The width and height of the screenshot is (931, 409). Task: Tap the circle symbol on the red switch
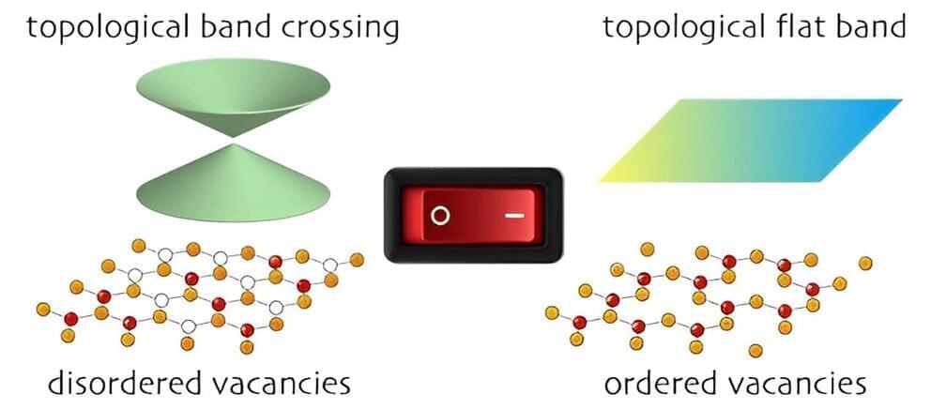(439, 216)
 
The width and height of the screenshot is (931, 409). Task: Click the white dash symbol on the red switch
(515, 215)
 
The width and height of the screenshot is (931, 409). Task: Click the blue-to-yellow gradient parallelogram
(751, 141)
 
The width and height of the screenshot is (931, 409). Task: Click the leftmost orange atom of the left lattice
(42, 309)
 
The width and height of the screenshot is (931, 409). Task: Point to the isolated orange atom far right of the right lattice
(864, 262)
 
